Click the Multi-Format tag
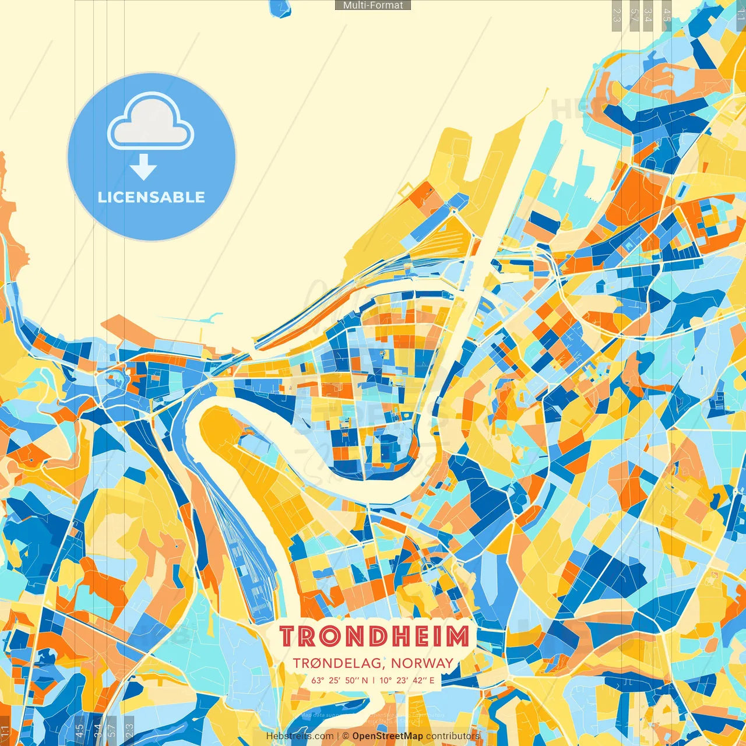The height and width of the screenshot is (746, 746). (373, 5)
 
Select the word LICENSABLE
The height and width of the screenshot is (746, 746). (152, 197)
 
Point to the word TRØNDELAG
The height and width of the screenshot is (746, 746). (339, 663)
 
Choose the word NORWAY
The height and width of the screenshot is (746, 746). (422, 663)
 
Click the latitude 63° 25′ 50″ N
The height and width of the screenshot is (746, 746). (339, 680)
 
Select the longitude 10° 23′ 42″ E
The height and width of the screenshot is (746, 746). (407, 680)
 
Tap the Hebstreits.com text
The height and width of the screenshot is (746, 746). (300, 736)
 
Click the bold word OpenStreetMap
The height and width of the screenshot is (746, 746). (388, 736)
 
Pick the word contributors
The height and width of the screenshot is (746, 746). (453, 736)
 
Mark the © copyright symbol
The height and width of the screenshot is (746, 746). (346, 736)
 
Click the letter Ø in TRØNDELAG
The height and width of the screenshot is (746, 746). (321, 663)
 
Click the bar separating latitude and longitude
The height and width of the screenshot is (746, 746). (374, 680)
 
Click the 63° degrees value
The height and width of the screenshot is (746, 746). (318, 680)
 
